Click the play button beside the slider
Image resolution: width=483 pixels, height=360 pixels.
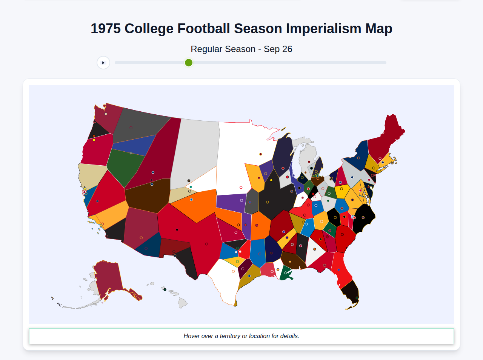pyautogui.click(x=103, y=63)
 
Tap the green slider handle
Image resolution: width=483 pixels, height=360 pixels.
pyautogui.click(x=189, y=63)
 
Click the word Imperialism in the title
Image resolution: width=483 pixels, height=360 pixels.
pyautogui.click(x=323, y=29)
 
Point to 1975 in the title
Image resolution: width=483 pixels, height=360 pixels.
pyautogui.click(x=106, y=29)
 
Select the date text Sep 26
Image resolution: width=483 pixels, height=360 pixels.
pyautogui.click(x=278, y=49)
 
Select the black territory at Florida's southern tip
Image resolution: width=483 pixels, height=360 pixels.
pyautogui.click(x=350, y=292)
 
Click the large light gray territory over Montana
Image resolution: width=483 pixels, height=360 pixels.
pyautogui.click(x=196, y=151)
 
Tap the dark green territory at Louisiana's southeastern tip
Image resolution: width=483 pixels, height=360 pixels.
pyautogui.click(x=286, y=274)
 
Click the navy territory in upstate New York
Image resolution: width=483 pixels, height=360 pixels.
pyautogui.click(x=358, y=155)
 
